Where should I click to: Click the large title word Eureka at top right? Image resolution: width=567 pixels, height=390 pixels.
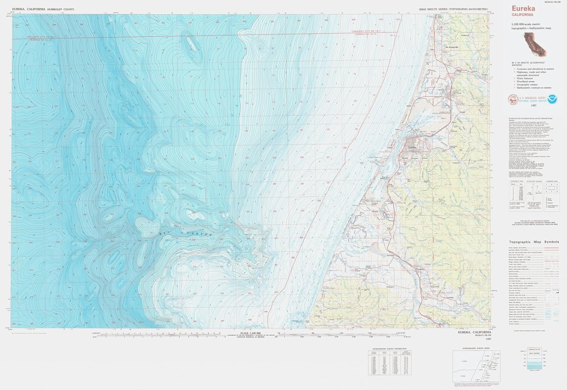(x=524, y=9)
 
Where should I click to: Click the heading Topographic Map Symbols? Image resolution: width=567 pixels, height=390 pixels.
(x=534, y=242)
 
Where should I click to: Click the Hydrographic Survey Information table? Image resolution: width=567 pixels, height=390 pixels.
(x=390, y=362)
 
